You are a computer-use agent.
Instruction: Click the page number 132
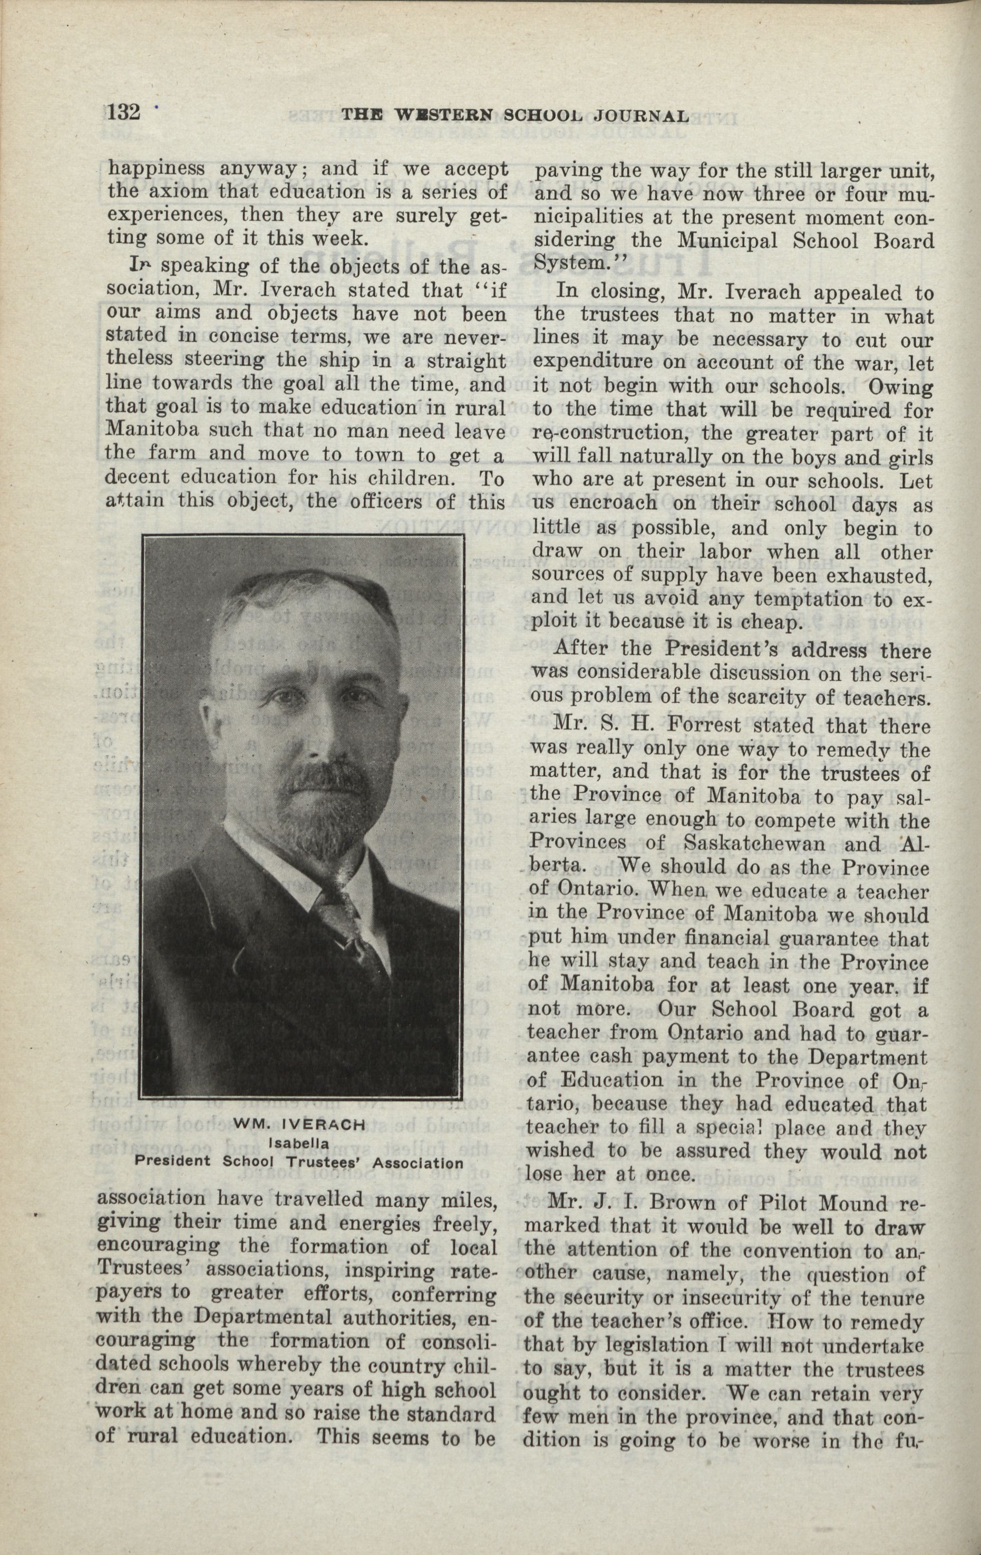tap(123, 112)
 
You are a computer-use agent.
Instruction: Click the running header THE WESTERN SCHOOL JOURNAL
tap(514, 116)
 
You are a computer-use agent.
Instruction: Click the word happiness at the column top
tap(156, 169)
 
